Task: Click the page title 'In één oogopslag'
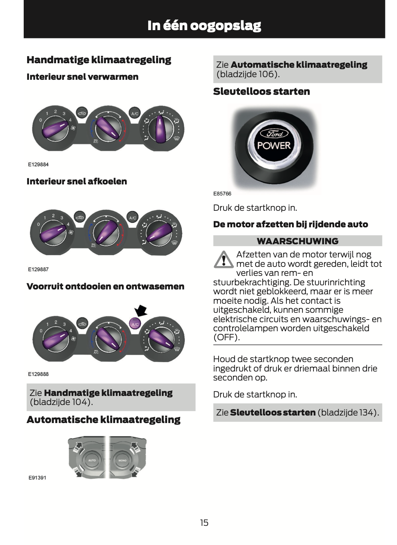204,26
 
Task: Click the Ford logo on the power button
274,133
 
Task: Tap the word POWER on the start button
274,146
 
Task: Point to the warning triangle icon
224,260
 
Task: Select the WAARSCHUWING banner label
297,241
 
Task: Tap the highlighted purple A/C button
135,323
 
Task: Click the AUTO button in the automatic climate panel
92,460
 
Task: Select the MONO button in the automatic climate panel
123,460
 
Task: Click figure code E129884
38,164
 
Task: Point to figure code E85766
222,194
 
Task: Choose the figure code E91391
37,478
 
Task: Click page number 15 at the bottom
204,522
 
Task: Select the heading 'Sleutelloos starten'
262,91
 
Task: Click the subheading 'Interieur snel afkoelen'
77,181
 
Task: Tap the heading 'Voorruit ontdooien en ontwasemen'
105,286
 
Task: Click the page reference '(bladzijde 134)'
347,413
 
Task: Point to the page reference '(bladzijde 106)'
248,74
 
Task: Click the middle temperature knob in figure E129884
108,128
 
